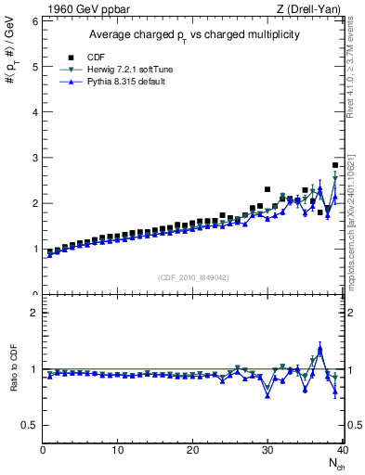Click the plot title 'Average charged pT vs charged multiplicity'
point(193,34)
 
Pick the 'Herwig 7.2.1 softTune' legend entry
point(125,70)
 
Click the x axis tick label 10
point(118,450)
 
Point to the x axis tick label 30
point(267,450)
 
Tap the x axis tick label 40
point(342,450)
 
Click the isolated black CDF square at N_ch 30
point(267,189)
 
